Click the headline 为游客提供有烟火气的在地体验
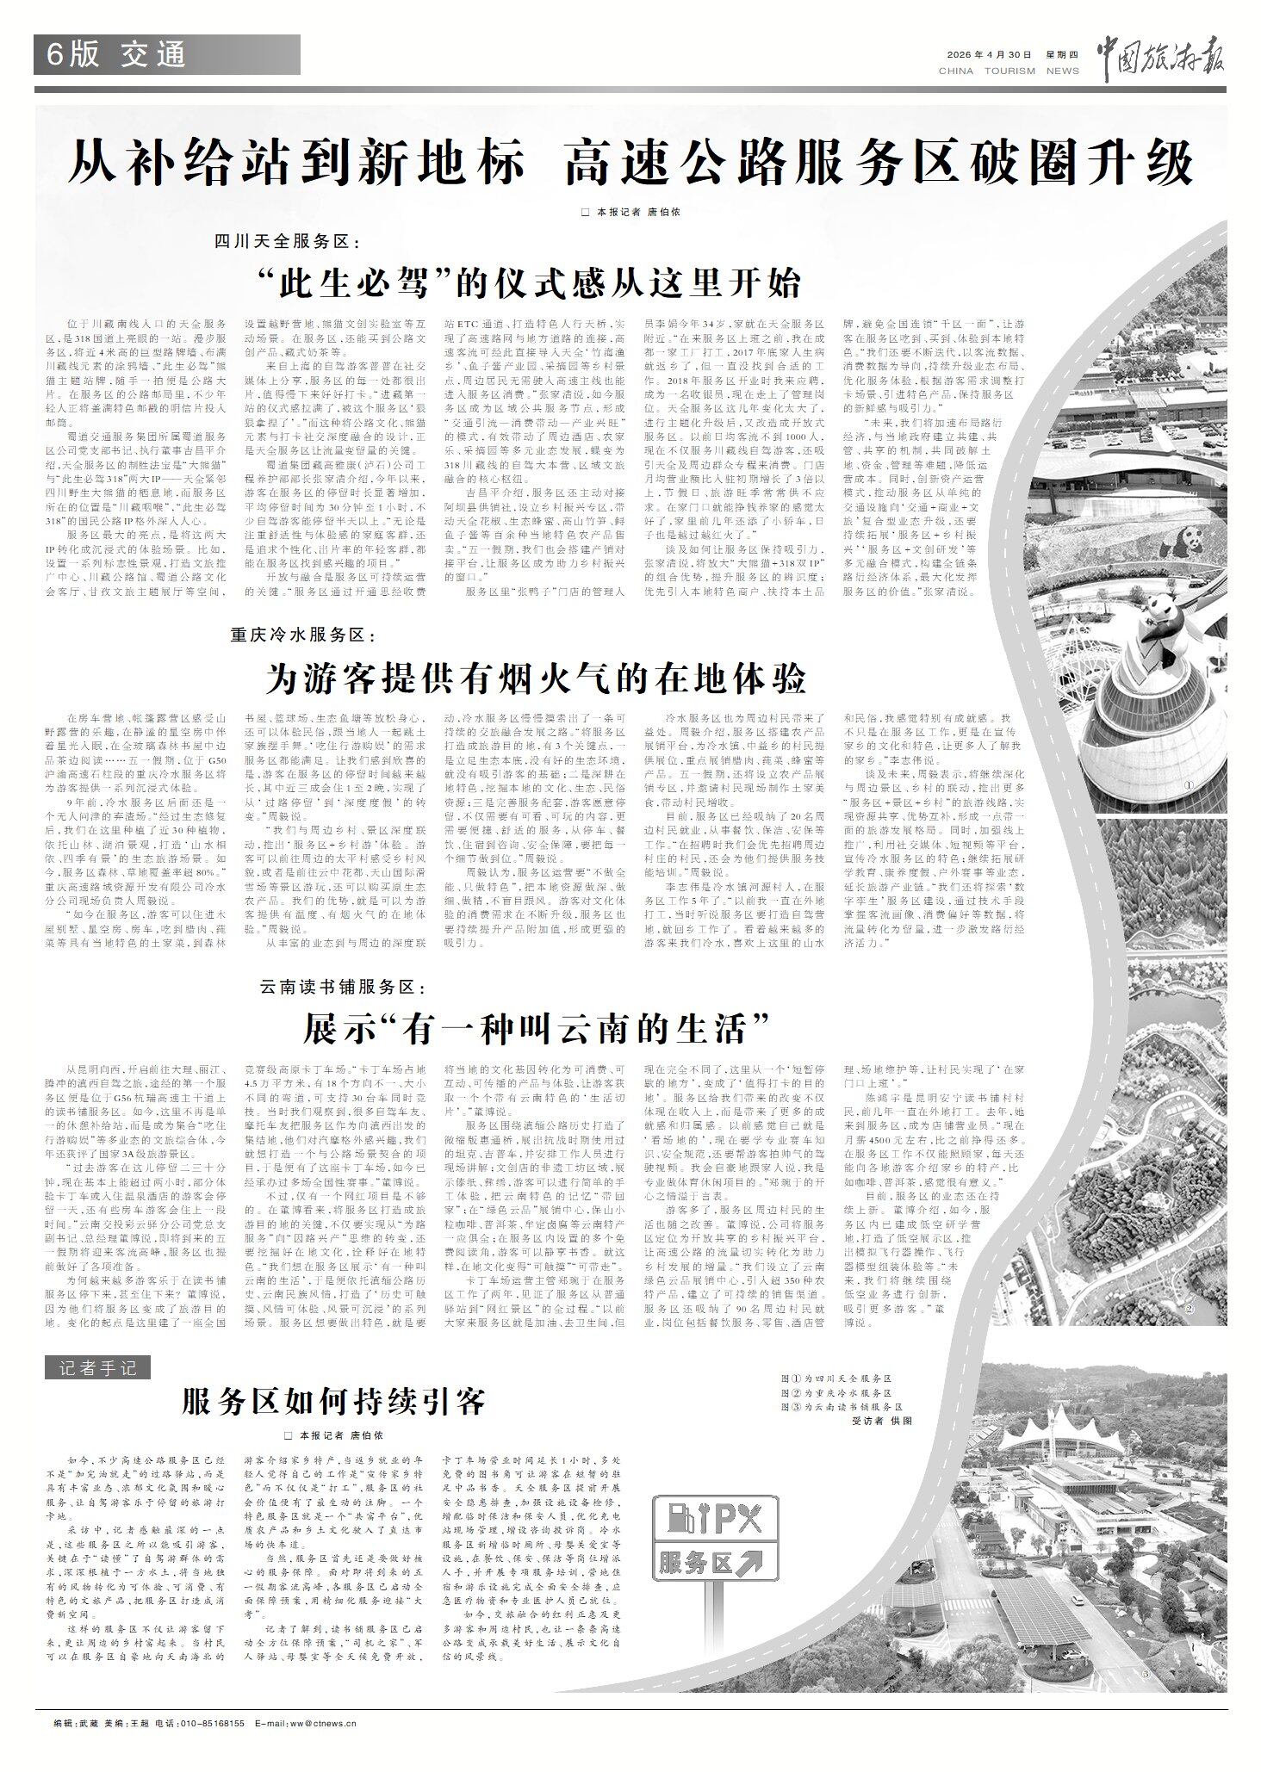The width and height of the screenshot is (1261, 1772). (536, 680)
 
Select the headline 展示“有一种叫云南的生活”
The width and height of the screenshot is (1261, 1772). (535, 1026)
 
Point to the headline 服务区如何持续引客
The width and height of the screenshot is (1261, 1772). (334, 1402)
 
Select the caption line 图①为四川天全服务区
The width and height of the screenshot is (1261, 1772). (835, 1379)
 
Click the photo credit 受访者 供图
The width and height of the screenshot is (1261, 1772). (880, 1422)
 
